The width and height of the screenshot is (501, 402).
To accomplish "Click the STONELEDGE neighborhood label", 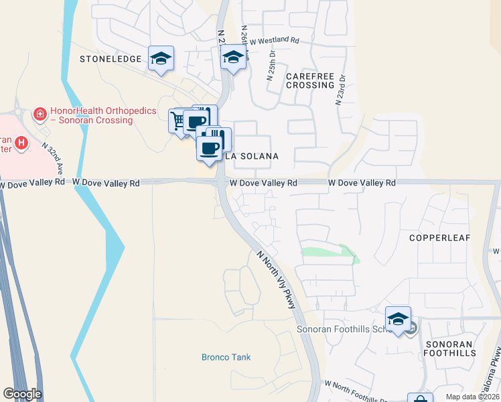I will [x=111, y=59].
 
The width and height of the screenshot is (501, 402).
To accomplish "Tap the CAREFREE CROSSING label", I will [x=309, y=80].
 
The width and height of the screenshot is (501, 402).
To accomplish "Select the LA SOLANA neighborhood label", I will [x=251, y=156].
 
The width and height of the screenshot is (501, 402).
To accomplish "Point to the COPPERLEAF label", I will [x=440, y=238].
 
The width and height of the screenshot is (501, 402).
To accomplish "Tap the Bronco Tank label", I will [x=226, y=357].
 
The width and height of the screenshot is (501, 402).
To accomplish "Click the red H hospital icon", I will [x=22, y=142].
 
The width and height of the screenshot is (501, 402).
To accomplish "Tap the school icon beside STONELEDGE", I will [x=161, y=58].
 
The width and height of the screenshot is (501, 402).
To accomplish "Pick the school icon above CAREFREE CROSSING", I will [x=233, y=58].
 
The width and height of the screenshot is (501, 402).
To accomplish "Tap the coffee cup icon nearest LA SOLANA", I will [x=210, y=147].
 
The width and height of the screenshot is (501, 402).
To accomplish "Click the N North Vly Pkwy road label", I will [x=276, y=279].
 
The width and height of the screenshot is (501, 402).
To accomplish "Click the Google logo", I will [x=22, y=394].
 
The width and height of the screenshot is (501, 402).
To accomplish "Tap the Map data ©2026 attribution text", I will [x=472, y=397].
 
